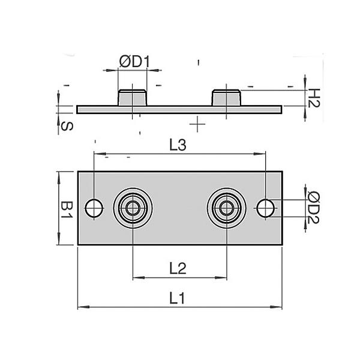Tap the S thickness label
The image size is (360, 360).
coord(66,126)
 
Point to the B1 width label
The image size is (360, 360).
coord(66,209)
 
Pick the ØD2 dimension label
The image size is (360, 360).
coord(313,208)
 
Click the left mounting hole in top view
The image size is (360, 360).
coord(94,208)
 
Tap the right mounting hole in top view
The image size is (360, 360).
coord(265,208)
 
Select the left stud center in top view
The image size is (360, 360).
coord(133,208)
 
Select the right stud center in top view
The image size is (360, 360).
coord(226,208)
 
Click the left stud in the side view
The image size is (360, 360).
coord(131,98)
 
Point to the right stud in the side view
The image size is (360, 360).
coord(227,98)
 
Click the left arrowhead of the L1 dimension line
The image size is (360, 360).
coord(81,308)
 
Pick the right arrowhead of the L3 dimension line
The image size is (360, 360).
coord(262,154)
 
